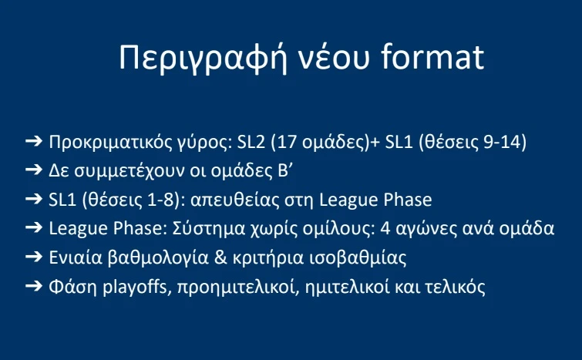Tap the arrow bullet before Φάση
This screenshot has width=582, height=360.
33,286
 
